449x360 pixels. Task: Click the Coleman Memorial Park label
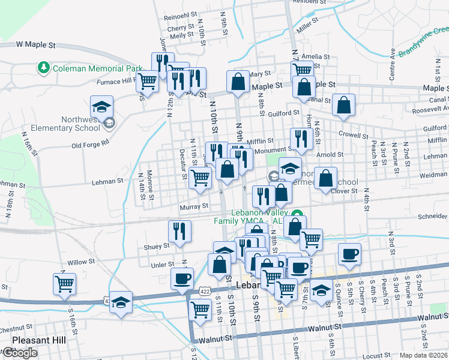(x=97, y=68)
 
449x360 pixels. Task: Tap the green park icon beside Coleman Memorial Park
(x=44, y=68)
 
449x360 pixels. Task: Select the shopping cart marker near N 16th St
(x=64, y=283)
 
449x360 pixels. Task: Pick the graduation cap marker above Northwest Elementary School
(x=101, y=107)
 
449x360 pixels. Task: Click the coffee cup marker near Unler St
(x=182, y=278)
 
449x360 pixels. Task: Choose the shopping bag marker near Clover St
(x=325, y=178)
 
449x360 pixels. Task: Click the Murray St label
(x=194, y=206)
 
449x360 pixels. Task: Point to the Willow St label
(x=77, y=263)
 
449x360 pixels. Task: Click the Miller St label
(x=306, y=26)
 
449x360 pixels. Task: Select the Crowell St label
(x=352, y=135)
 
